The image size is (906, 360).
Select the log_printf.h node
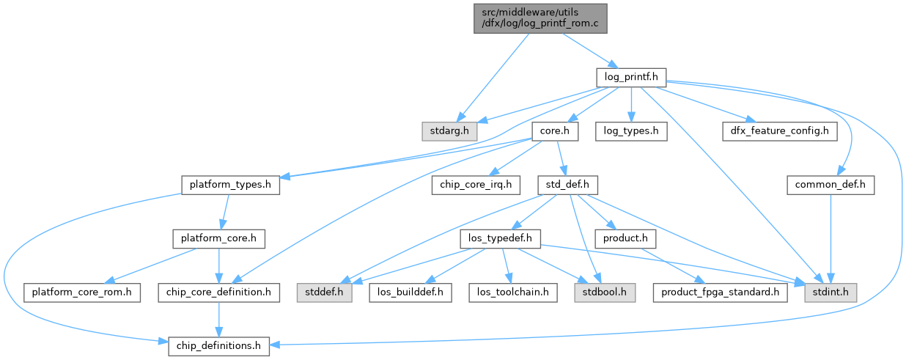[630, 76]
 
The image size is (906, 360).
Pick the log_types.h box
[631, 132]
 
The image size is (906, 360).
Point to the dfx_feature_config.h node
[778, 132]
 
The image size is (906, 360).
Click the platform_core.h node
[218, 238]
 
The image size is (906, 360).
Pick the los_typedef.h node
[501, 238]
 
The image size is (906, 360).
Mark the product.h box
[625, 238]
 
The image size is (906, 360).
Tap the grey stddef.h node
[325, 292]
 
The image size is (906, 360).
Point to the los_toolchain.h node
[513, 292]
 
